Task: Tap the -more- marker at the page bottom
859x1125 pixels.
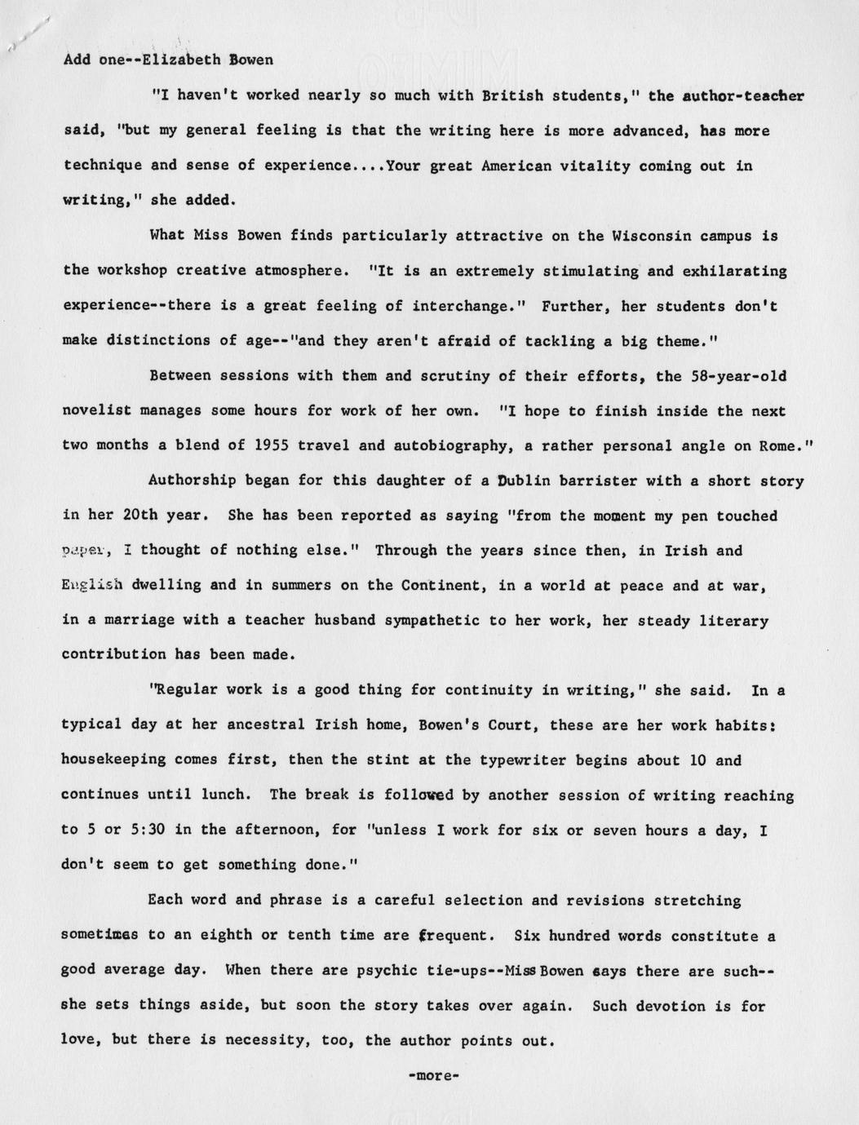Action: [433, 1075]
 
